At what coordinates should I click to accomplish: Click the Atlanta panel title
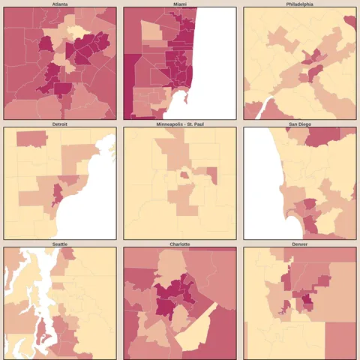coord(60,4)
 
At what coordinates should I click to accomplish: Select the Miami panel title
coord(180,4)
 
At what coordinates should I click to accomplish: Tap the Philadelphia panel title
coord(300,4)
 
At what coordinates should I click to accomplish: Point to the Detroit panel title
coord(60,124)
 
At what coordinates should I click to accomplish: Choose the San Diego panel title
coord(300,124)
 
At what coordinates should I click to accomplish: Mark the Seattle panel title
coord(60,244)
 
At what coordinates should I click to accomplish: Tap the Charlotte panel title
coord(180,244)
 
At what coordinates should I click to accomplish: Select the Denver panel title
coord(300,244)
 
